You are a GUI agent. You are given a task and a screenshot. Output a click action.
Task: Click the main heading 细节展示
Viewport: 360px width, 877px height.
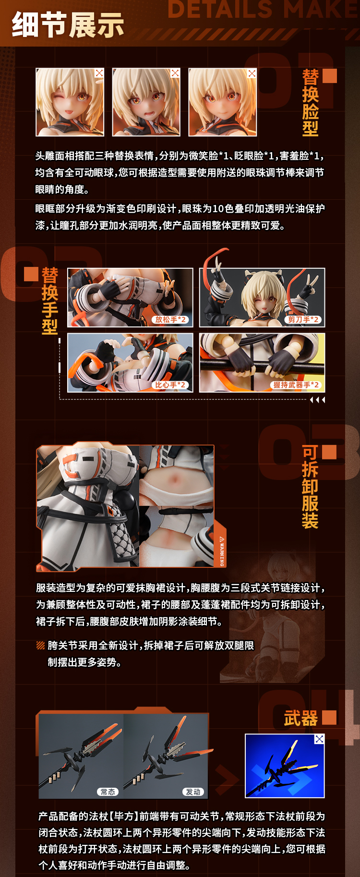[x=68, y=25]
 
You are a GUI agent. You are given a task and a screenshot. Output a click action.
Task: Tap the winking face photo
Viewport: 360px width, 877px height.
[x=70, y=102]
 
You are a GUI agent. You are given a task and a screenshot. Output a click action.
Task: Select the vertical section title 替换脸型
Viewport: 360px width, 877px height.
[x=310, y=103]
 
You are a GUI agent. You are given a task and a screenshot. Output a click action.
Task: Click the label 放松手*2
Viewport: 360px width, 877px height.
[x=170, y=320]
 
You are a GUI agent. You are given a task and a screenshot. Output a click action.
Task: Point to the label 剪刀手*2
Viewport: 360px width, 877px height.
[x=303, y=320]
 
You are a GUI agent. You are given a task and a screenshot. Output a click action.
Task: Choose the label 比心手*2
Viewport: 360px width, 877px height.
[x=170, y=385]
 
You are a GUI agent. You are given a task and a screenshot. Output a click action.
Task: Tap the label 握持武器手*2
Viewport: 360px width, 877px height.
[x=296, y=385]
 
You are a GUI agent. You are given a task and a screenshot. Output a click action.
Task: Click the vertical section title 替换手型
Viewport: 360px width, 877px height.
[x=50, y=301]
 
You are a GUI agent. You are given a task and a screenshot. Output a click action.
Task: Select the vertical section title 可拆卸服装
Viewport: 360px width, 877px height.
[x=310, y=487]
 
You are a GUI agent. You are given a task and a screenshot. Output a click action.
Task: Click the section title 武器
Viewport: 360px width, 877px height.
[x=301, y=719]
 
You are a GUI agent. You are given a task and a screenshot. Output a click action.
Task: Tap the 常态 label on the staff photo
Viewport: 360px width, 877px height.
[x=108, y=792]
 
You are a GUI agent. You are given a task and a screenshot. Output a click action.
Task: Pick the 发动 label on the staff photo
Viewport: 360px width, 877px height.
[x=193, y=792]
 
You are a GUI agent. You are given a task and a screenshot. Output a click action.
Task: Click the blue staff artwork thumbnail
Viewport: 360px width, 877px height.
[x=284, y=766]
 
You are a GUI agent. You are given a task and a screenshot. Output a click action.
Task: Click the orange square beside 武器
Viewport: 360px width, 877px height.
[x=329, y=718]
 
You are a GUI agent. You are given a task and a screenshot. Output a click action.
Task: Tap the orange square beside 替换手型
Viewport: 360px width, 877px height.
[x=31, y=274]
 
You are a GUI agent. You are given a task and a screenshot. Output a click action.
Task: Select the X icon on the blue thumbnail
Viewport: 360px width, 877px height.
[x=319, y=739]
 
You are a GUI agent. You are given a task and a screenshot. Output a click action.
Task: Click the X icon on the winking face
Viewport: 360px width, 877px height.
[x=99, y=73]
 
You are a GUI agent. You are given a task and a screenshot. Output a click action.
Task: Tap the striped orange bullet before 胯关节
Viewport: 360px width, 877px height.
[x=41, y=646]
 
